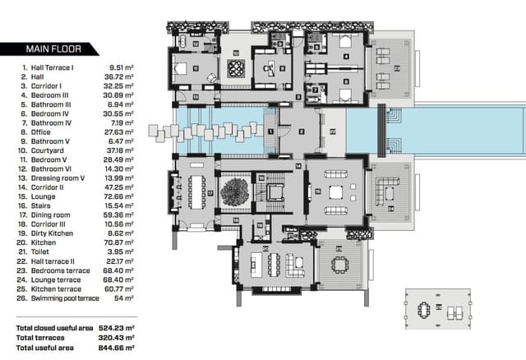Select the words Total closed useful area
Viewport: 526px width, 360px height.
point(53,328)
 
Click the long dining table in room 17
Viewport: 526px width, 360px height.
point(198,192)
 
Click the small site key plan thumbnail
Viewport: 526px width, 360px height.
point(437,311)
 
